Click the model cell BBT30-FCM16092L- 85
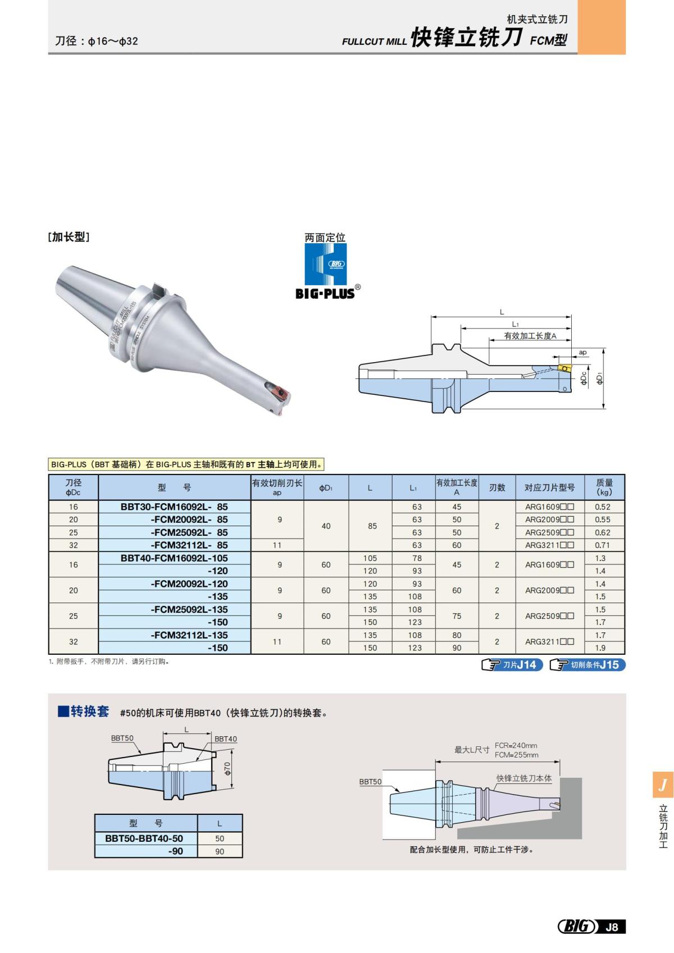point(174,507)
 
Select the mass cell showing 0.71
point(602,545)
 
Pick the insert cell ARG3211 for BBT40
point(549,641)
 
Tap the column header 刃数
point(497,487)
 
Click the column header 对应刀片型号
point(549,487)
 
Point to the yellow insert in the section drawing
point(564,368)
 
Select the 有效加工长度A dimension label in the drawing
point(530,336)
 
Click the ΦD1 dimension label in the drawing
point(600,379)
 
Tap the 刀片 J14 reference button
point(513,665)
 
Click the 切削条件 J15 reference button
point(588,665)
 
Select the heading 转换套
point(89,712)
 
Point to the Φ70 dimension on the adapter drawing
point(227,768)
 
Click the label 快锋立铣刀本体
point(523,778)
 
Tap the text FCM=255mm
point(516,755)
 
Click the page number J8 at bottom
point(612,927)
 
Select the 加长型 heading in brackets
point(69,237)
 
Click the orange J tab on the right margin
point(663,785)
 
